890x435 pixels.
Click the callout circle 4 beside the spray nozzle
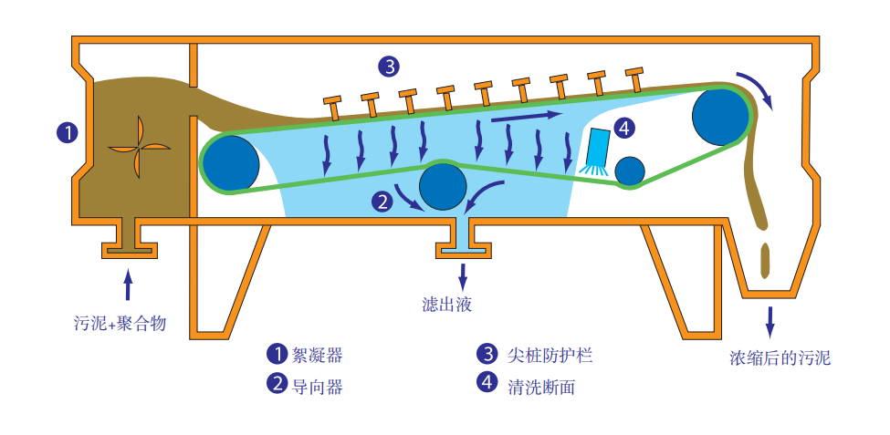(624, 129)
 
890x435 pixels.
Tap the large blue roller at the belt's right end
(722, 115)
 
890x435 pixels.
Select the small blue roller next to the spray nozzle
(629, 171)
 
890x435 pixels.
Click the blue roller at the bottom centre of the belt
(444, 185)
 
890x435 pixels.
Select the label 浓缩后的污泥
(780, 357)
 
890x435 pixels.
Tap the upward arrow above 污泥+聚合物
(127, 285)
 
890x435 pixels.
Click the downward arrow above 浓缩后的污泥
(770, 320)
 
